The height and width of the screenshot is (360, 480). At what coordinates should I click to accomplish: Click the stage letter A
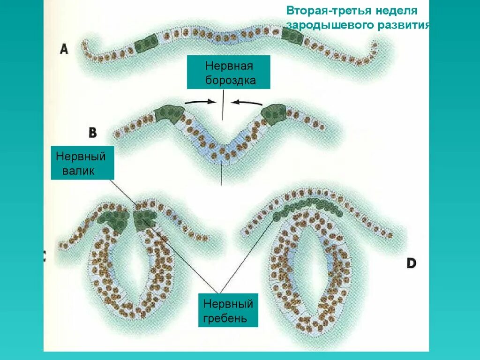tap(64, 49)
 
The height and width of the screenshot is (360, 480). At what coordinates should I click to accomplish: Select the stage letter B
tap(93, 133)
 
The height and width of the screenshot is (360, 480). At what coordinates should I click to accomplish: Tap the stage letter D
tap(411, 263)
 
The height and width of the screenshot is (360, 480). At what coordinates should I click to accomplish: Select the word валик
tap(78, 171)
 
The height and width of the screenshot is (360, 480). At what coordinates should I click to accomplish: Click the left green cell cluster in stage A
tap(146, 44)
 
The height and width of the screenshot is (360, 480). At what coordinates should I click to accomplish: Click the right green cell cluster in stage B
tap(274, 113)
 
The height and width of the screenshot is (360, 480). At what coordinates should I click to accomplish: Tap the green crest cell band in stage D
tap(309, 206)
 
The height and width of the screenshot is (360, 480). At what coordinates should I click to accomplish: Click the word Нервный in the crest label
tap(228, 304)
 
